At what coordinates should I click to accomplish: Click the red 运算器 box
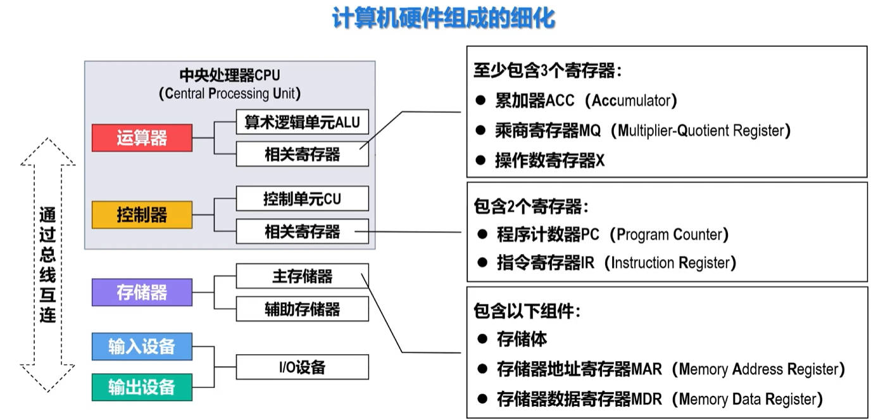pyautogui.click(x=142, y=137)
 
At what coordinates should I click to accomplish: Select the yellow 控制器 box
pyautogui.click(x=142, y=215)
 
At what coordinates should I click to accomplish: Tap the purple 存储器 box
pyautogui.click(x=142, y=292)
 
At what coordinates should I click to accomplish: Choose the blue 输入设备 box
pyautogui.click(x=142, y=347)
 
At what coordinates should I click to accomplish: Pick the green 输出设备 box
pyautogui.click(x=142, y=387)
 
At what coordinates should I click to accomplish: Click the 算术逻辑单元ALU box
pyautogui.click(x=303, y=122)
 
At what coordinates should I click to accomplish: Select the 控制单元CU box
pyautogui.click(x=303, y=198)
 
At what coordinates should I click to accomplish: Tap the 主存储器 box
pyautogui.click(x=303, y=276)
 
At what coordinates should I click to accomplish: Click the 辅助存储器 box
pyautogui.click(x=303, y=309)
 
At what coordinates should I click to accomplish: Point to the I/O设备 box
pyautogui.click(x=303, y=367)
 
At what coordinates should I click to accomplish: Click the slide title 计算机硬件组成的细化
pyautogui.click(x=444, y=18)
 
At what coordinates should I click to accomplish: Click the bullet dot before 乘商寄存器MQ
pyautogui.click(x=480, y=130)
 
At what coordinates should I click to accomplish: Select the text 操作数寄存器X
pyautogui.click(x=549, y=160)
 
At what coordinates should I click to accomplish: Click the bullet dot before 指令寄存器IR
pyautogui.click(x=482, y=262)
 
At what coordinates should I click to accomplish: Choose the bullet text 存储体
pyautogui.click(x=522, y=339)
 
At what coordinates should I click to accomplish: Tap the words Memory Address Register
pyautogui.click(x=758, y=369)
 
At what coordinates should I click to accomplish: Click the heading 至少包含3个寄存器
pyautogui.click(x=544, y=70)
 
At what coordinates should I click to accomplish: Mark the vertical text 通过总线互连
pyautogui.click(x=47, y=265)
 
